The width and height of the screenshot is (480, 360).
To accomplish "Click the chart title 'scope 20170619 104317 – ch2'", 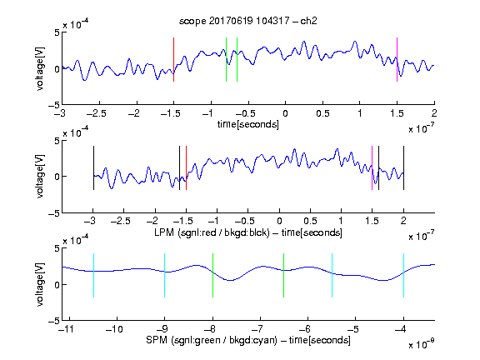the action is [x=248, y=21].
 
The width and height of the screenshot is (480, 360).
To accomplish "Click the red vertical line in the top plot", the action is [x=173, y=59].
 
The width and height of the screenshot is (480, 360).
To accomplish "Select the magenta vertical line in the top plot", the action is [x=397, y=59].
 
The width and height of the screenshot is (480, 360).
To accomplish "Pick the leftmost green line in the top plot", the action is [x=226, y=59].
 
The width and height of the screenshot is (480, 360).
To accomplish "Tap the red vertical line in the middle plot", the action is [x=186, y=167].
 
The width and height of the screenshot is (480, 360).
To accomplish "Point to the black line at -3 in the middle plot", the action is [x=93, y=167].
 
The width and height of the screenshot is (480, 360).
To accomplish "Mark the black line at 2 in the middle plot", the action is [x=403, y=167].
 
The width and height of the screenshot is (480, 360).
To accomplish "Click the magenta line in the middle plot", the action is [x=372, y=167].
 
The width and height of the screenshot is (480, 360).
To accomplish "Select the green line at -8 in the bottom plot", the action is [x=212, y=275].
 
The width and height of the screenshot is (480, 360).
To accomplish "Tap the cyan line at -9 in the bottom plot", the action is [x=165, y=275].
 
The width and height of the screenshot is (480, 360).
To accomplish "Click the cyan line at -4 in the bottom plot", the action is [x=404, y=275].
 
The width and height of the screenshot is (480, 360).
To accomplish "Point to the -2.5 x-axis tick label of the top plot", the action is [x=96, y=113].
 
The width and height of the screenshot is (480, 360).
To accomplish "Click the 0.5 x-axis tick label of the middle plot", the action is [x=310, y=221].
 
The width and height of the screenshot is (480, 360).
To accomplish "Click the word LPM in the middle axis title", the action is [x=164, y=232].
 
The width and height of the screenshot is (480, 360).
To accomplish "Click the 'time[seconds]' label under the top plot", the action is [x=248, y=125].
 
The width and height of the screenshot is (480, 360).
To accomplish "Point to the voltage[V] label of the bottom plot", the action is [x=40, y=284].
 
